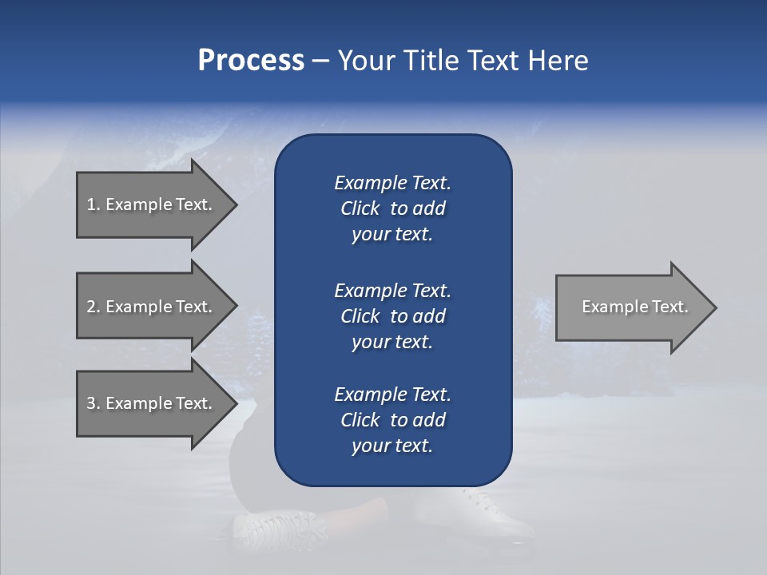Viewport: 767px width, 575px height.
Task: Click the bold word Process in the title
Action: (x=251, y=61)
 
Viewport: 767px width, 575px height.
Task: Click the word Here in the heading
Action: (x=558, y=61)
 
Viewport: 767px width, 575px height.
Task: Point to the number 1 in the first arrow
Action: (x=92, y=204)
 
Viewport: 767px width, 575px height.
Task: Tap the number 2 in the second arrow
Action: (x=92, y=307)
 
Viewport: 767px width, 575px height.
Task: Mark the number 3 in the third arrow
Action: (x=92, y=403)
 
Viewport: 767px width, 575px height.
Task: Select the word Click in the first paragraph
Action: (x=360, y=208)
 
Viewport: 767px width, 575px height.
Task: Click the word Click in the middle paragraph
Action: (x=360, y=316)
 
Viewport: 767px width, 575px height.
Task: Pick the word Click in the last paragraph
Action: (x=360, y=420)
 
